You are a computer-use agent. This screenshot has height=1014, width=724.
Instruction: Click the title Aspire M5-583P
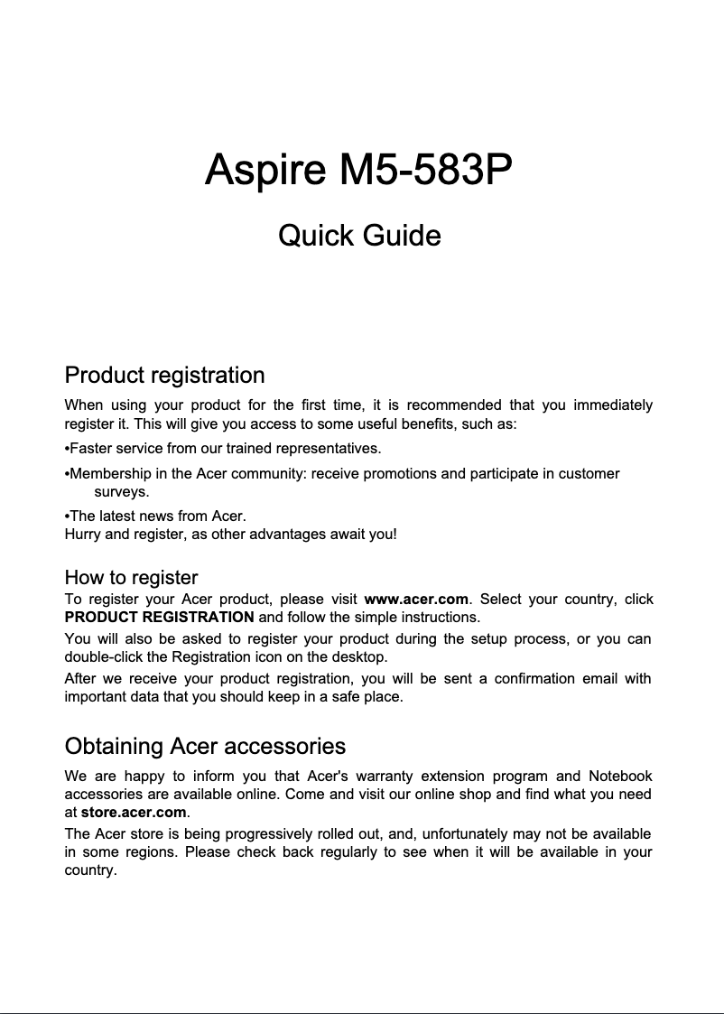point(360,170)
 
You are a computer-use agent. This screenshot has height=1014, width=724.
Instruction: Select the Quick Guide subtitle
point(359,236)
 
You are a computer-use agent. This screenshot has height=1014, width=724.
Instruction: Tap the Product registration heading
point(164,375)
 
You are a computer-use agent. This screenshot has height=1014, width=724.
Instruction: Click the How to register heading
point(131,577)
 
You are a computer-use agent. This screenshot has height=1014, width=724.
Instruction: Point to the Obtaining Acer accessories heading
point(205,747)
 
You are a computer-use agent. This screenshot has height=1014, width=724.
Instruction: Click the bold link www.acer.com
point(415,600)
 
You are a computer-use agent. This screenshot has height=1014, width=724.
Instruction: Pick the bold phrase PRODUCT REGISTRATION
point(159,618)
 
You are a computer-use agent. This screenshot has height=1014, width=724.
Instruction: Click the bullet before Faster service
point(67,449)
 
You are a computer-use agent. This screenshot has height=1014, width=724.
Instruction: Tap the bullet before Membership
point(67,474)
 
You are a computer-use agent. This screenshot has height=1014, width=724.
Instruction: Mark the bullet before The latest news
point(67,516)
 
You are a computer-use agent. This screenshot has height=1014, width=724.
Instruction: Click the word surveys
point(122,492)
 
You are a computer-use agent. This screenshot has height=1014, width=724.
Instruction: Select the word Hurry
point(83,534)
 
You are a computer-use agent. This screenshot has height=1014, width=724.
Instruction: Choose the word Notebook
point(620,777)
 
